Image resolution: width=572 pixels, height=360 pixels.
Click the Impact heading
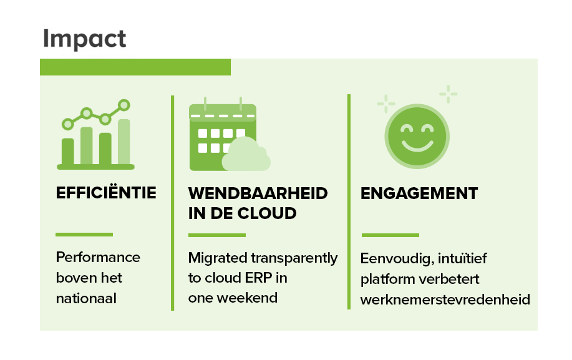click(x=85, y=39)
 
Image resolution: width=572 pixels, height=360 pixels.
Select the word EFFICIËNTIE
click(x=106, y=192)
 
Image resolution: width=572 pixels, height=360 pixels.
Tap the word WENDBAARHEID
click(x=258, y=193)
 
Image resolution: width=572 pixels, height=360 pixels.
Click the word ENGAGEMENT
click(x=419, y=193)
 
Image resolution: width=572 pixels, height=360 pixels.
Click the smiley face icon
click(x=417, y=137)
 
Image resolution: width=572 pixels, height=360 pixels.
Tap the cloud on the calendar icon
click(x=246, y=154)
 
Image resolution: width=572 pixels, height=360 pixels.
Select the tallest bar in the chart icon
click(x=124, y=142)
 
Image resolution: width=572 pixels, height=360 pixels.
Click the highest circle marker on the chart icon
click(x=124, y=105)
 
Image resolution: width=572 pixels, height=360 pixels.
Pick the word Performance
click(x=98, y=257)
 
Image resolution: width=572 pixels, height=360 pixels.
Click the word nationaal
click(x=86, y=298)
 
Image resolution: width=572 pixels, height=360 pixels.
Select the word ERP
click(x=258, y=278)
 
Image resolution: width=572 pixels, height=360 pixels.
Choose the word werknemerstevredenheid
click(x=445, y=299)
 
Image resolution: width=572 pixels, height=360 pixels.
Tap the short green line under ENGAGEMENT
click(x=390, y=235)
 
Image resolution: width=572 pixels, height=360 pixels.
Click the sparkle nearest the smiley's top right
click(x=448, y=94)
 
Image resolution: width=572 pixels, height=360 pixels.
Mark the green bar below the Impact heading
click(x=135, y=67)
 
